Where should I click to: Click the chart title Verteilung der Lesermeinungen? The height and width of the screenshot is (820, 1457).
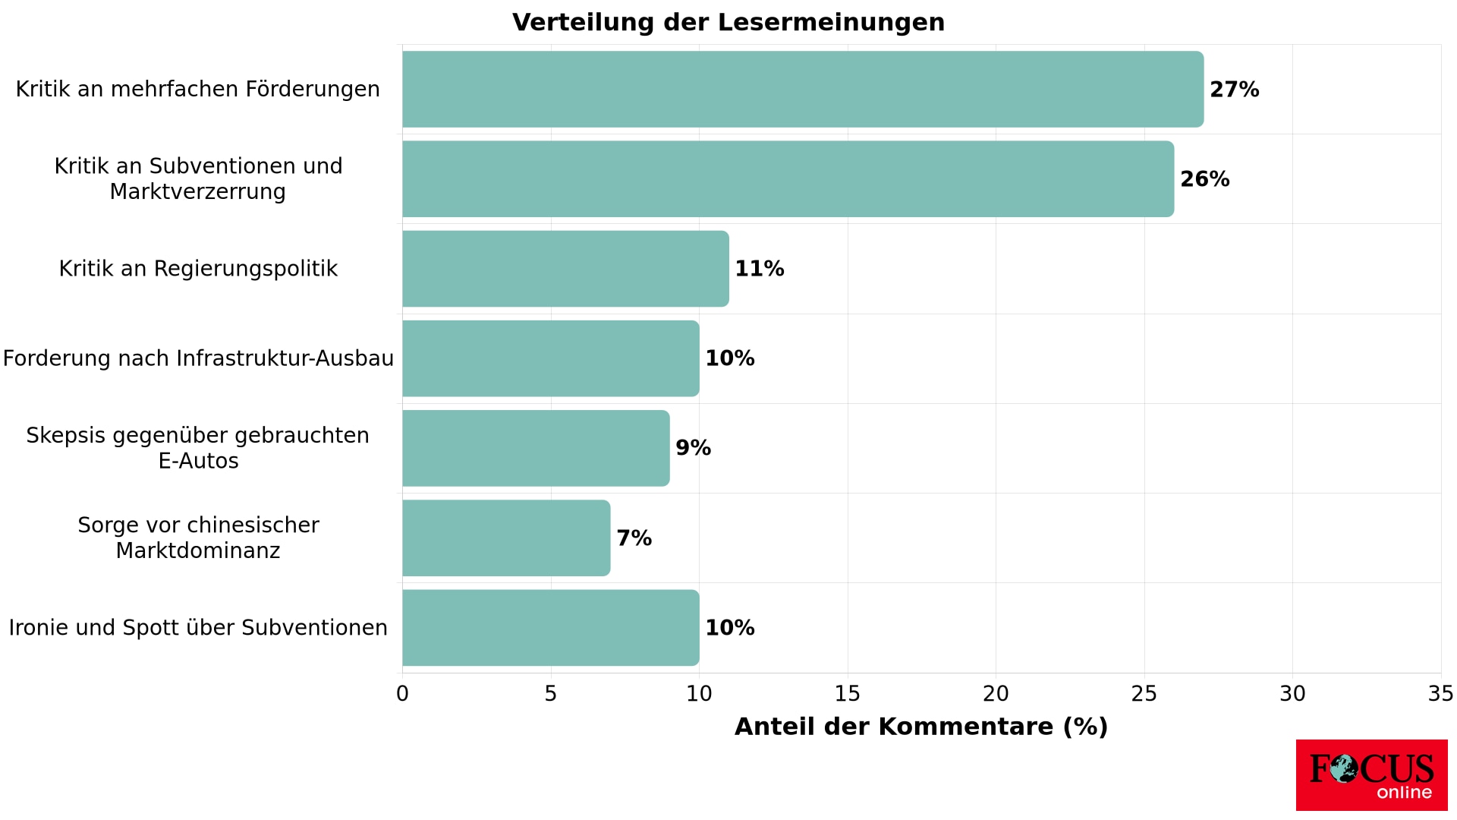coord(728,23)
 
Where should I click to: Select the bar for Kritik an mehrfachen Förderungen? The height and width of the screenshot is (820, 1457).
coord(803,89)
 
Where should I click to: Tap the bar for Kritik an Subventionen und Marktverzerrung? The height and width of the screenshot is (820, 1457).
coord(788,179)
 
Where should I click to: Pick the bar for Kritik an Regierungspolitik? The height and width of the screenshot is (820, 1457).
coord(565,269)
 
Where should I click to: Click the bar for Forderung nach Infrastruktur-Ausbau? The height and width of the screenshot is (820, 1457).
coord(551,358)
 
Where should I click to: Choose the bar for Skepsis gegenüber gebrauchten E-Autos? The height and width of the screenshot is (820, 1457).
coord(536,448)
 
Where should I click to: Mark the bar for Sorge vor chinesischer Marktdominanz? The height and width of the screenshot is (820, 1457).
coord(506,538)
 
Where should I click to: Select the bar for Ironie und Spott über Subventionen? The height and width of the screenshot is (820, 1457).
coord(551,628)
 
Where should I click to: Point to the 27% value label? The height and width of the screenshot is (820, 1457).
coord(1234,90)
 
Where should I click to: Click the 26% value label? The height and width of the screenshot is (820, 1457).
coord(1204,179)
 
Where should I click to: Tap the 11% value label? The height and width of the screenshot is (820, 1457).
coord(759,269)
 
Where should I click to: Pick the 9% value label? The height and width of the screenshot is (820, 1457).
coord(693,448)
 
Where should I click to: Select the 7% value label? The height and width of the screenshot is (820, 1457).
coord(634,538)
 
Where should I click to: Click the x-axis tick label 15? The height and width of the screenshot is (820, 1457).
coord(848,694)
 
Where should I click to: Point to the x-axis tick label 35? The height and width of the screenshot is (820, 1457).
coord(1440,694)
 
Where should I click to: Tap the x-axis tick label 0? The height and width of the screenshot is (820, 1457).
coord(402,694)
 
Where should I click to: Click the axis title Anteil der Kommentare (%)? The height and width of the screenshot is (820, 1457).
coord(921,727)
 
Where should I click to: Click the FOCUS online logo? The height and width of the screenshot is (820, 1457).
coord(1371,775)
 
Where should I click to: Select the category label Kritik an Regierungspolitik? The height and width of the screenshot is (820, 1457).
coord(198,269)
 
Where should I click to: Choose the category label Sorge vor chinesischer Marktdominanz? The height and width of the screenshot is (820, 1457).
coord(198,538)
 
